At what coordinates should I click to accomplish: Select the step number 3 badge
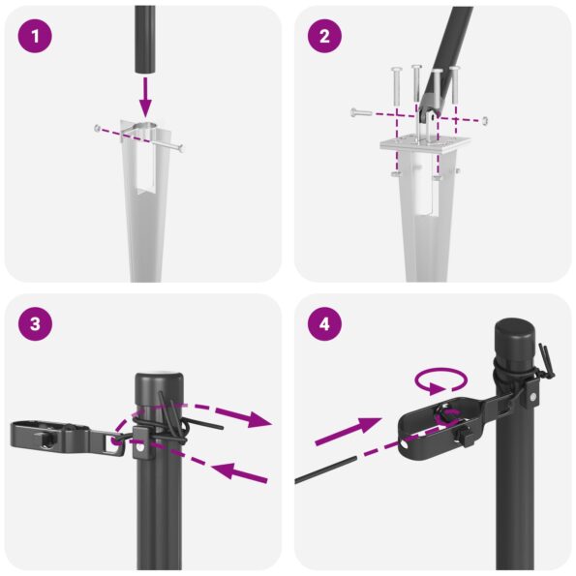point(35,325)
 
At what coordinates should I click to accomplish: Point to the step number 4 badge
point(324,325)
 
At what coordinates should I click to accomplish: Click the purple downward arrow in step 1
point(144,97)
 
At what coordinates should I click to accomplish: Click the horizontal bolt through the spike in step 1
point(140,136)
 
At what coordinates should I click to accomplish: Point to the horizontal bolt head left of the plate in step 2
point(356,113)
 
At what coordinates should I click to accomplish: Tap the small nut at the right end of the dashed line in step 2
point(484,120)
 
